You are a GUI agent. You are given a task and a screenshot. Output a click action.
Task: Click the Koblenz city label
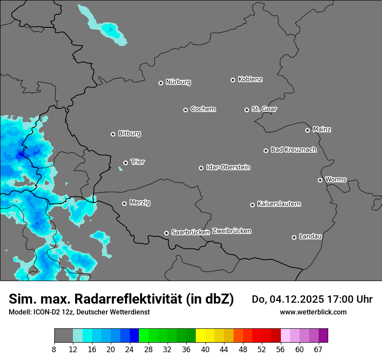(x=250, y=79)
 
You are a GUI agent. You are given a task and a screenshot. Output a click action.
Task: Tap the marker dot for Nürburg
(x=161, y=83)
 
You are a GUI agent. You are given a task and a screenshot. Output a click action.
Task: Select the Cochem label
(x=203, y=109)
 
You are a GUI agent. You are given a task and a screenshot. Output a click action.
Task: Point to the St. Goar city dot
(x=247, y=110)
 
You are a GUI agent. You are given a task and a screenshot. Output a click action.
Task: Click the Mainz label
(x=322, y=129)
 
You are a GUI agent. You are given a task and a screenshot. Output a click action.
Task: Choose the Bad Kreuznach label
(x=293, y=150)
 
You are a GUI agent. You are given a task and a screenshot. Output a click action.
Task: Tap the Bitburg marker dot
(x=113, y=134)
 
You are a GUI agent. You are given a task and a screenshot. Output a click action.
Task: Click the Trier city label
(x=138, y=162)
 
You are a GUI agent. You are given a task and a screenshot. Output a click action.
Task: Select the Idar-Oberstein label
(x=228, y=167)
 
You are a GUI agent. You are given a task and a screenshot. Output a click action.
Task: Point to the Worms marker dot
(x=320, y=180)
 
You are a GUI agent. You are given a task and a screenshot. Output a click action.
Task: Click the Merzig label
(x=140, y=203)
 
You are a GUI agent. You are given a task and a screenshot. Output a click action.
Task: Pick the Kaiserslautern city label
(x=279, y=204)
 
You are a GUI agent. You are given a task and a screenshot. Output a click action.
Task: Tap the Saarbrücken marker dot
(x=166, y=233)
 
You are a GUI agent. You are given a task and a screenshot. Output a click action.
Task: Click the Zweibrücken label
(x=231, y=231)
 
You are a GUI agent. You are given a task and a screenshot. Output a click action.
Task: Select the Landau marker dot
(x=294, y=237)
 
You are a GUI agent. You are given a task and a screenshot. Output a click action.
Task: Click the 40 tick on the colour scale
(x=205, y=349)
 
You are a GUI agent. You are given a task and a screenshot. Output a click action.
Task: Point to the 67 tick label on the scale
(x=318, y=349)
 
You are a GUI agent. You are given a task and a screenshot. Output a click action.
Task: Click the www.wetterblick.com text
(x=313, y=312)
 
